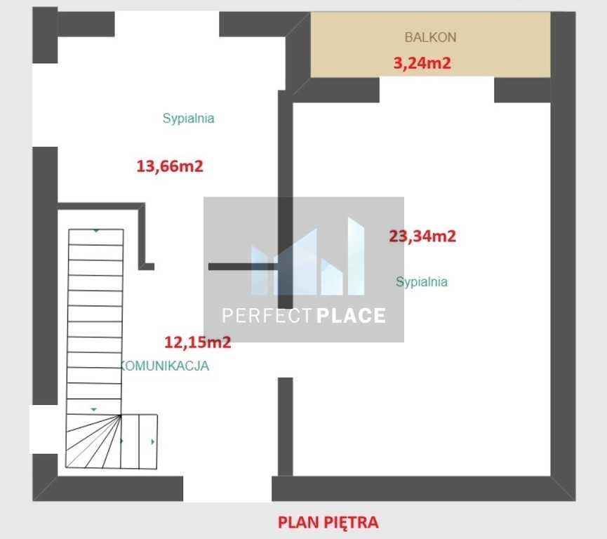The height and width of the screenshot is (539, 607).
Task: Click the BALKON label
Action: point(430,37)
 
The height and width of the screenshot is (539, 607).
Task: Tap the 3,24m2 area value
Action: point(422,62)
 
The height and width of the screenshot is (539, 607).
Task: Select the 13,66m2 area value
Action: point(170,166)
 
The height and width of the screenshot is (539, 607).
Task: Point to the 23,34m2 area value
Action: point(422,236)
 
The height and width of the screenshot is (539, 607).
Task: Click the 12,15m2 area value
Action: point(197,342)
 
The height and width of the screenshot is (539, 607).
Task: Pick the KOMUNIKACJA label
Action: point(165,366)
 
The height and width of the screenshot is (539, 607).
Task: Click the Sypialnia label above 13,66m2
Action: point(188,119)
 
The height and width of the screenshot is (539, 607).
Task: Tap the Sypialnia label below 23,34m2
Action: point(422,282)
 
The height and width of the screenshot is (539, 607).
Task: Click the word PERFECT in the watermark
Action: point(267,316)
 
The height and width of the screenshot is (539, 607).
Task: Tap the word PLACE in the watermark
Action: point(351,316)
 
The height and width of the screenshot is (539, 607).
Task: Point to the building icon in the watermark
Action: point(308,256)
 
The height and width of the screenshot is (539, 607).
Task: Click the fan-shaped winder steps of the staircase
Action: point(93,441)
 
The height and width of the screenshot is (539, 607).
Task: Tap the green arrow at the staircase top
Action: point(96,231)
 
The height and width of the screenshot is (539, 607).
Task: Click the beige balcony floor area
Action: point(430,44)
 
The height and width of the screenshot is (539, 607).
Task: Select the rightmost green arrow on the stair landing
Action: point(153,441)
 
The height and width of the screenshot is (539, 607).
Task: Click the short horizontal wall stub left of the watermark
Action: point(243,267)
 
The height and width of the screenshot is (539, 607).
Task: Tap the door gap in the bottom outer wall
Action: point(227,488)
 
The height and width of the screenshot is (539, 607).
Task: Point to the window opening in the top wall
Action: point(167,24)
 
